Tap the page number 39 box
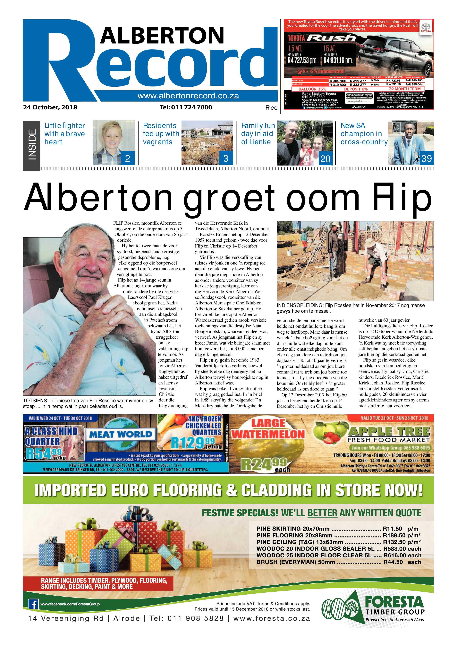pyautogui.click(x=426, y=158)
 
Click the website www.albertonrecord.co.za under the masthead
pyautogui.click(x=188, y=96)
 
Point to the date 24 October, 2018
pyautogui.click(x=50, y=107)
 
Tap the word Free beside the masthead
pyautogui.click(x=271, y=108)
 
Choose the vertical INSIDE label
pyautogui.click(x=32, y=145)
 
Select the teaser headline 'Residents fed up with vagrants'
pyautogui.click(x=161, y=134)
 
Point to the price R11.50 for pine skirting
pyautogui.click(x=392, y=528)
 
